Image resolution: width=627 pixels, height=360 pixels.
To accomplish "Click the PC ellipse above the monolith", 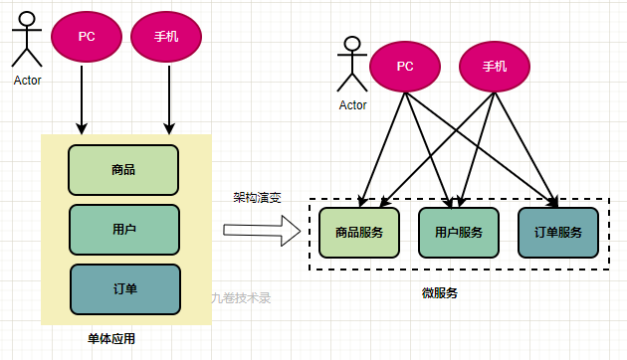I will point(87,36).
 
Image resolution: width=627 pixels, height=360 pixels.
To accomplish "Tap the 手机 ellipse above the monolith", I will point(166,36).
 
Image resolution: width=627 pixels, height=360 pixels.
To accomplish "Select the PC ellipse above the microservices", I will point(405,67).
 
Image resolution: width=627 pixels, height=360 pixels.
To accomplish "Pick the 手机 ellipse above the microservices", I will point(495,67).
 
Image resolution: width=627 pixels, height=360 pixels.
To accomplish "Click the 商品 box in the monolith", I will point(123,170).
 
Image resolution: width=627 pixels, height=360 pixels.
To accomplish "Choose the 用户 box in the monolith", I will point(123,229).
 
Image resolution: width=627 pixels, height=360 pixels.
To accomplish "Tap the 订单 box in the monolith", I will point(124,288).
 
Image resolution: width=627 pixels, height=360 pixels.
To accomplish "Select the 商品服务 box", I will point(358,233).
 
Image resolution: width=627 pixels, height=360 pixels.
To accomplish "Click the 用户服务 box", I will point(458,233).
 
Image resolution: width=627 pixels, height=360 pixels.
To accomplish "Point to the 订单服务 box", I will point(557,233).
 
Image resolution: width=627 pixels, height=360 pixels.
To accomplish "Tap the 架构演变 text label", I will point(257,197).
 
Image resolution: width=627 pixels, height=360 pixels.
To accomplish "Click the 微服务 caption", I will point(440,292).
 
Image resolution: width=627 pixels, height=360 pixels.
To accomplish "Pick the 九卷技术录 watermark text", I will point(241,297).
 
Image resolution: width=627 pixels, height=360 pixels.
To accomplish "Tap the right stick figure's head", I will point(349,45).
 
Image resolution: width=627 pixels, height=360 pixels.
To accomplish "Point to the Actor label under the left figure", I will point(28,81).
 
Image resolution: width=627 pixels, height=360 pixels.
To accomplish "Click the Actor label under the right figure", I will point(353,104).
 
